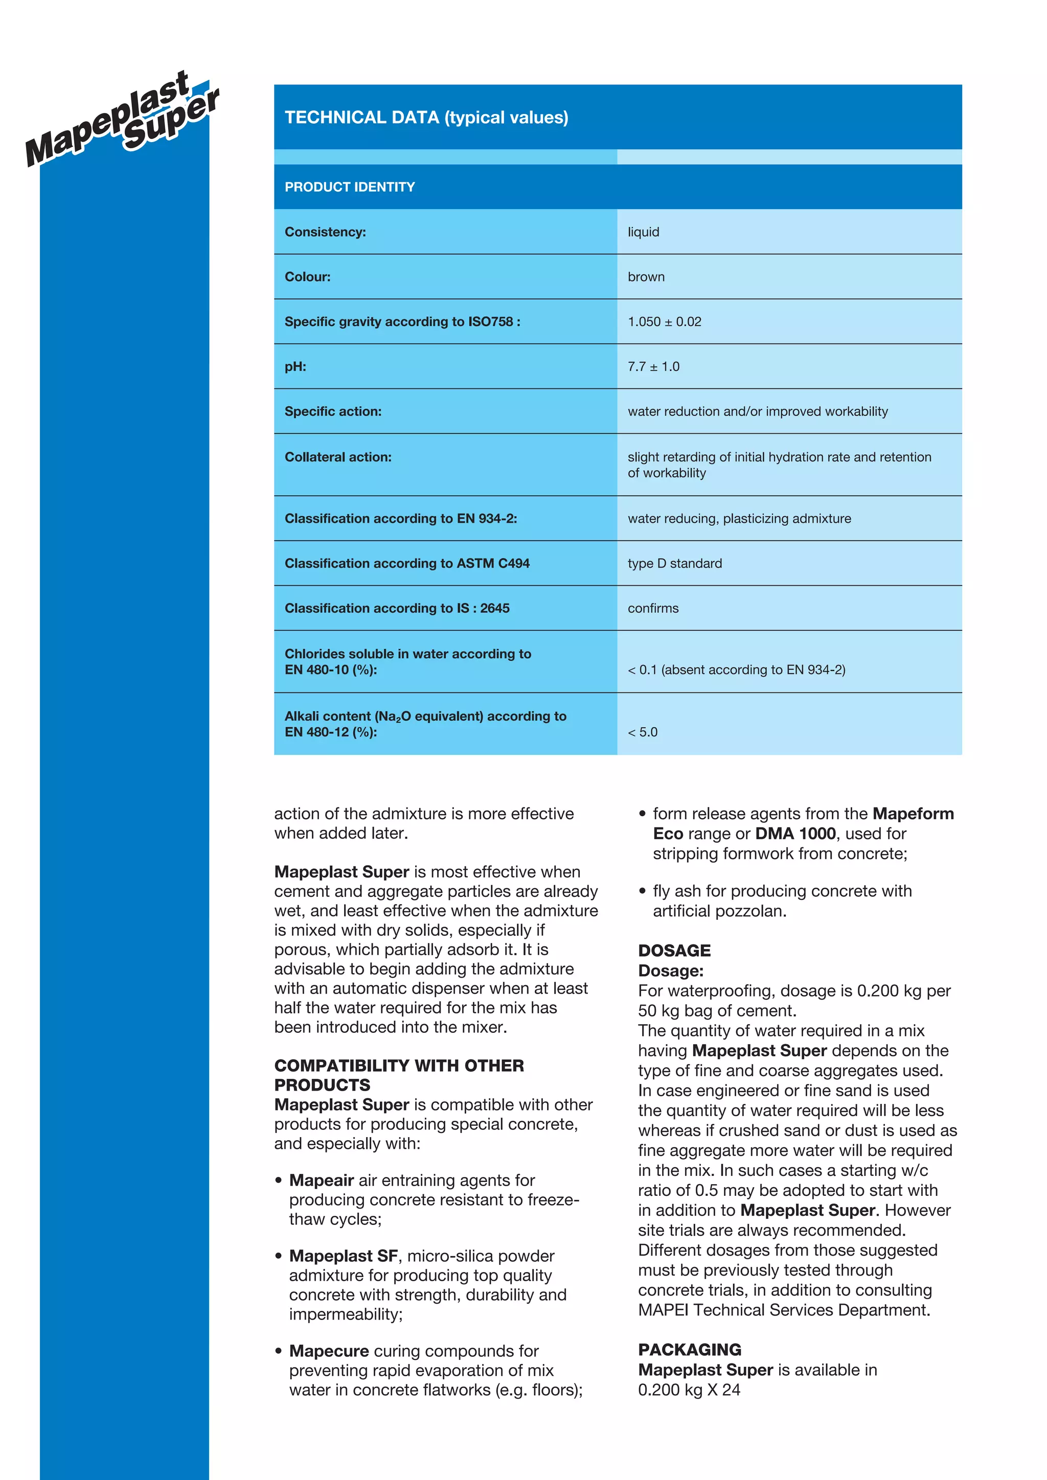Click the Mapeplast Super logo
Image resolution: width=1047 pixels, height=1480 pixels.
pos(123,119)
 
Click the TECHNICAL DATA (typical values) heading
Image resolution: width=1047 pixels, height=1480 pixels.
pos(426,118)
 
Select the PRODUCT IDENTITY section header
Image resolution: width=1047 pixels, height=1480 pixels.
pos(350,187)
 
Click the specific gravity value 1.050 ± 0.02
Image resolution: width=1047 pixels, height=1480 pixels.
pos(664,321)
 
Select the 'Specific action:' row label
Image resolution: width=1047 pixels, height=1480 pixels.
pos(333,411)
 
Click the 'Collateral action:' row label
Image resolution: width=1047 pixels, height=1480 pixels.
pos(338,457)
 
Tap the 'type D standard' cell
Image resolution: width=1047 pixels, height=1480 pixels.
pos(674,563)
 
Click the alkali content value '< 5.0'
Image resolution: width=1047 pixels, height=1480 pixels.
pos(642,732)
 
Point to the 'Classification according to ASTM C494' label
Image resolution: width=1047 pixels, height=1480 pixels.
pos(407,563)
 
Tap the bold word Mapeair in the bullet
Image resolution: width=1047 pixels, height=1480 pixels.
pos(321,1180)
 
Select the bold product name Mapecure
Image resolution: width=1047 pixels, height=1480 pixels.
pos(329,1351)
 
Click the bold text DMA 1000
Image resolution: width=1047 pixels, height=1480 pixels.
pos(795,834)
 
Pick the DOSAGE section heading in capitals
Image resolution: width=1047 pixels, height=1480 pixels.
pos(674,950)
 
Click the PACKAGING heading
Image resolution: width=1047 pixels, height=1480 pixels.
pos(689,1350)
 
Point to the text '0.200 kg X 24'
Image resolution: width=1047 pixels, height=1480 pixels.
pos(689,1390)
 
